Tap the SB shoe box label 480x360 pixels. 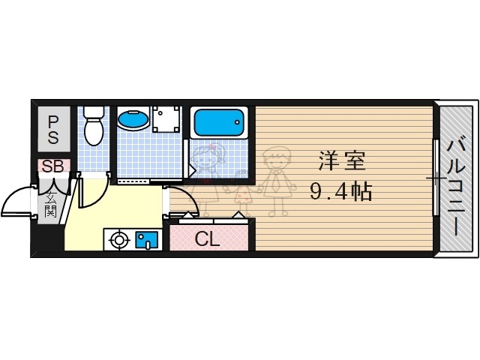52,166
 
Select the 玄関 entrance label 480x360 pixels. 50,204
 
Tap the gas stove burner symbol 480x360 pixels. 118,240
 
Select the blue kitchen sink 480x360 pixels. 145,240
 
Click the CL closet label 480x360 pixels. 207,241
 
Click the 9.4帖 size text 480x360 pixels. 341,192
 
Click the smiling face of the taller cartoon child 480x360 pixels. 276,160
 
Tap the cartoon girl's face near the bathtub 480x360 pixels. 209,157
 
